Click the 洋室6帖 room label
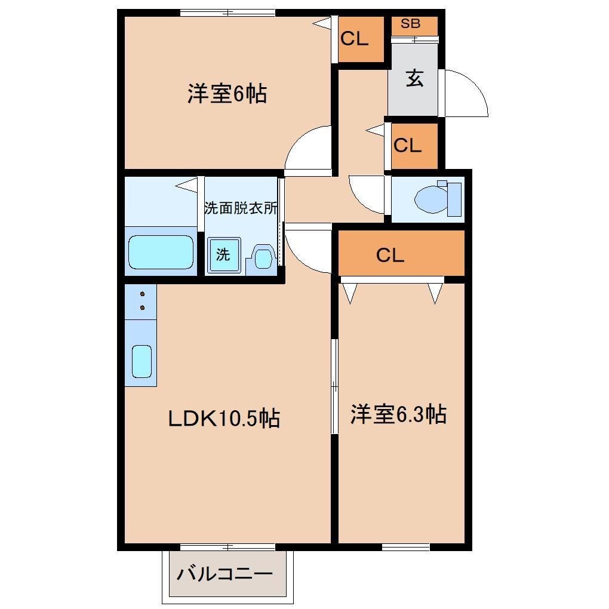point(227,94)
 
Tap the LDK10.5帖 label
point(224,419)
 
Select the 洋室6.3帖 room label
point(398,414)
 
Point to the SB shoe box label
point(410,24)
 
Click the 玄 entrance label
point(414,79)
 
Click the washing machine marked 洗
point(223,255)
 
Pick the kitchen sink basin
point(142,361)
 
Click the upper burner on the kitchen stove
point(143,294)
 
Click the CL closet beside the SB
point(355,39)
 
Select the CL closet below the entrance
point(408,145)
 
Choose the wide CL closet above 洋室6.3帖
point(390,255)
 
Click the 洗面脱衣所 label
point(241,208)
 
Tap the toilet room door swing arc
point(365,194)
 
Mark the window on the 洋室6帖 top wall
point(227,13)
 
